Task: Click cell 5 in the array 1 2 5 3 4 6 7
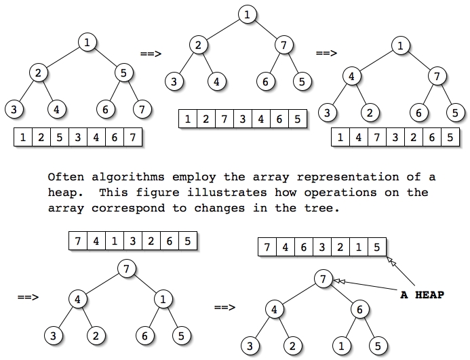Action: (x=59, y=138)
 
